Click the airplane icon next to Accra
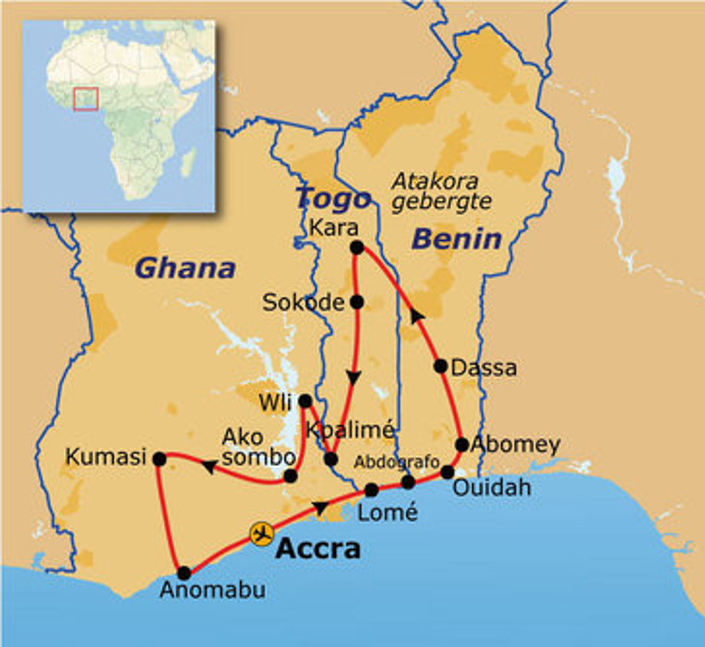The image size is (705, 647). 262,534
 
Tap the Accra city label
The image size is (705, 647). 318,549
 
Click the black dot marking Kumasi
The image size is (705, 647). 159,458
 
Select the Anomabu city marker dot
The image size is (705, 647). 184,573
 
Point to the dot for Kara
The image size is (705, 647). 357,247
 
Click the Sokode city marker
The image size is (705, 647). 357,301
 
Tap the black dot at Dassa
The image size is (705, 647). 441,366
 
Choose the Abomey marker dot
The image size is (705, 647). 462,445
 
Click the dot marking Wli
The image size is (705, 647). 305,401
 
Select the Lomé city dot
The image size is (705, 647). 371,490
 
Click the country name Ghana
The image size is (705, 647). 186,268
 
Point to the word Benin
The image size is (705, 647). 456,240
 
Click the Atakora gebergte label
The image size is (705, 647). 441,191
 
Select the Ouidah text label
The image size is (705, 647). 492,488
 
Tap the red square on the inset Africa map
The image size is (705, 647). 86,98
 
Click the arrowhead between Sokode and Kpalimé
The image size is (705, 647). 354,378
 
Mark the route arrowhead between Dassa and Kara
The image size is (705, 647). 417,315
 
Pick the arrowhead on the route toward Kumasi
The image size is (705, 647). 209,467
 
